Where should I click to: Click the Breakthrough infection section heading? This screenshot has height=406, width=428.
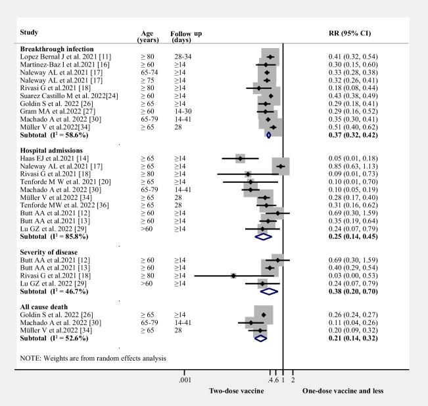57,49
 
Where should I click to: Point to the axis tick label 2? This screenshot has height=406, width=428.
293,380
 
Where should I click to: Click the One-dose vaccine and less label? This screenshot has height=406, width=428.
343,392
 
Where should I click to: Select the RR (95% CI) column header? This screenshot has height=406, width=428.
351,33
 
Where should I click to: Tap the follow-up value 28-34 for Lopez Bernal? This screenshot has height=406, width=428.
181,57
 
